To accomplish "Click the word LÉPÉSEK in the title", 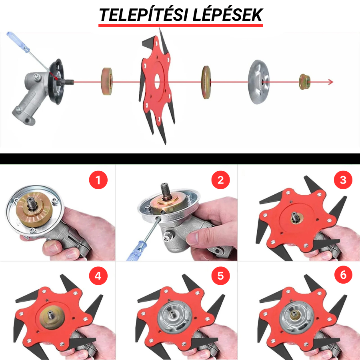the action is pos(228,15).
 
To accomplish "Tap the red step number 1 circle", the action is pos(98,180).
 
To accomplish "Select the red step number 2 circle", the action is pos(221,180).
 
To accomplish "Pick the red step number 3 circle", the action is pos(343,180).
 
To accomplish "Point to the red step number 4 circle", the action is pos(98,276).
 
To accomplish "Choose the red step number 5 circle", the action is pos(221,276).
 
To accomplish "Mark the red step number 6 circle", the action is pos(343,275).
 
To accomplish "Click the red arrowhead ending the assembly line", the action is pos(331,82).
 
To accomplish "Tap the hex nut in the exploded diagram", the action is pos(305,82).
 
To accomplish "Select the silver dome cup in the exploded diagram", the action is pos(259,82).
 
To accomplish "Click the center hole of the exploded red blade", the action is pos(157,82).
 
